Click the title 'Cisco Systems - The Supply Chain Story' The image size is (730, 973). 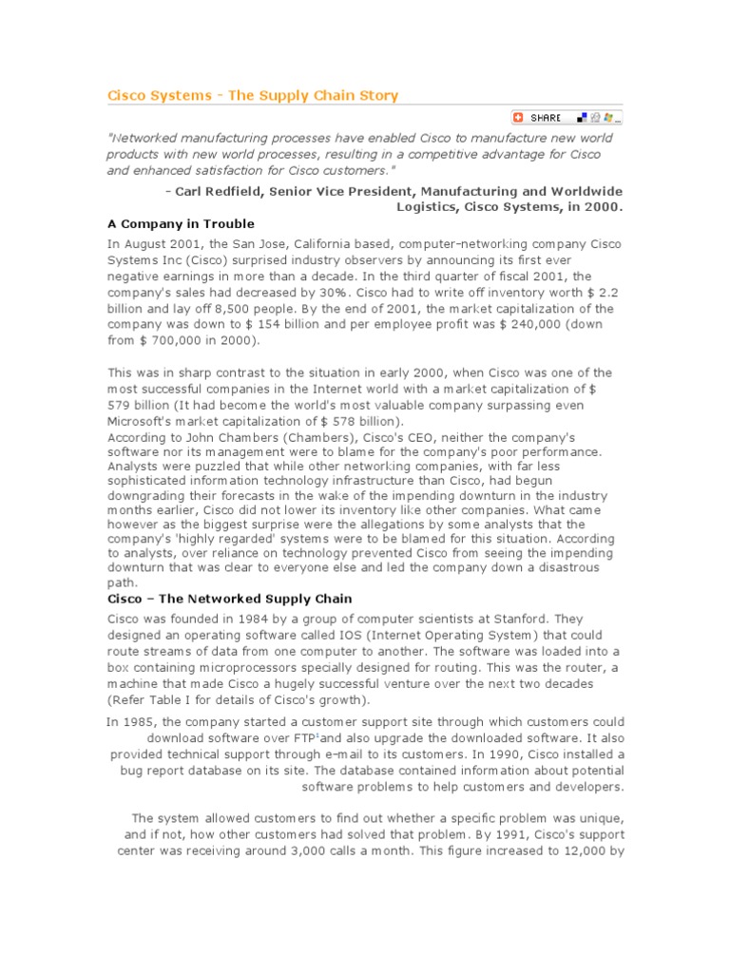tap(252, 95)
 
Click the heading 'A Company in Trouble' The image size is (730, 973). tap(181, 224)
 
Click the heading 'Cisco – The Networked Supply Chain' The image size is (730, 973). tap(229, 599)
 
